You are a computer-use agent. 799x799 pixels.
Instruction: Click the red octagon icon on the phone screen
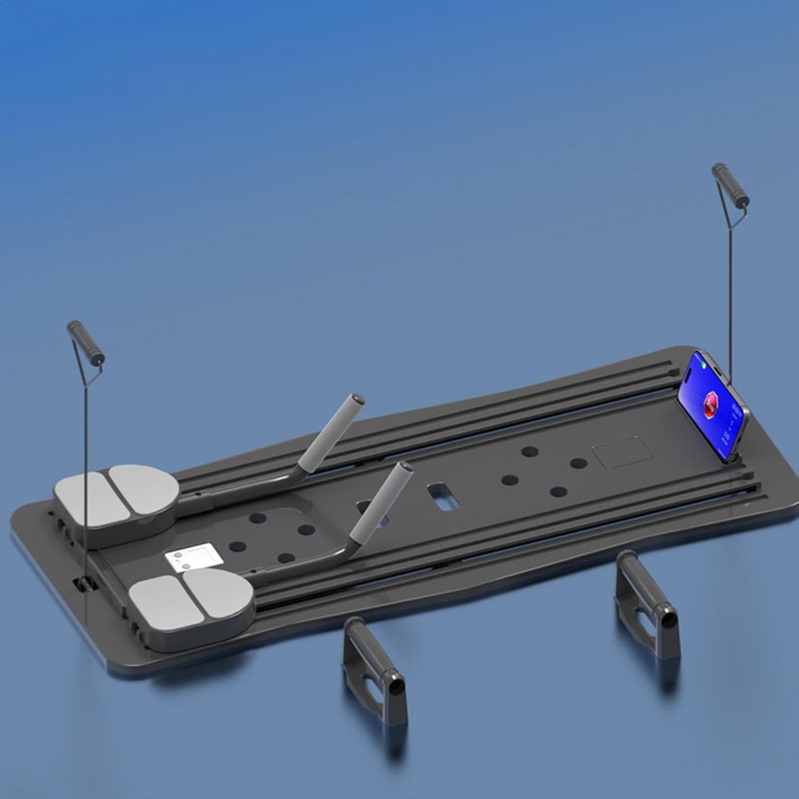[x=712, y=402]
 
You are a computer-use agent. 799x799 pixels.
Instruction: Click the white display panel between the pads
[x=191, y=557]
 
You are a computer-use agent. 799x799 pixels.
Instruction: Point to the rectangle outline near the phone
[x=621, y=451]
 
